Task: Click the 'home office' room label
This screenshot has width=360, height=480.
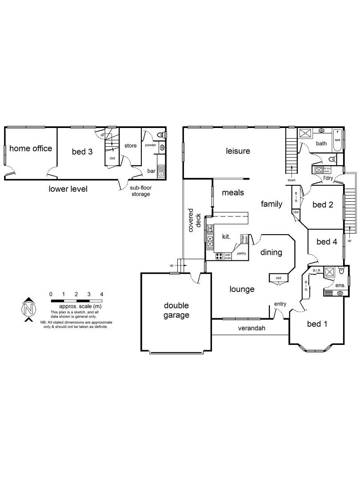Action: [x=31, y=148]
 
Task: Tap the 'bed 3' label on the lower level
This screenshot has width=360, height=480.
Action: [x=82, y=152]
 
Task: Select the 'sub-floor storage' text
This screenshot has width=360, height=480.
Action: [x=140, y=191]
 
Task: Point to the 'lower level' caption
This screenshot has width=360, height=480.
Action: [x=68, y=189]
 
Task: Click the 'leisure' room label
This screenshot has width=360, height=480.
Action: [x=238, y=151]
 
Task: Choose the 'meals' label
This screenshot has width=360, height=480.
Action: [x=233, y=192]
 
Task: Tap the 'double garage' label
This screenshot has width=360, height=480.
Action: [x=176, y=310]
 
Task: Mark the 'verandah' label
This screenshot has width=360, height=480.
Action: [x=252, y=328]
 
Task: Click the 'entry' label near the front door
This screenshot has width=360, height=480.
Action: [x=280, y=304]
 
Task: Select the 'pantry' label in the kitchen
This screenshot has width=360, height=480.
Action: [x=241, y=253]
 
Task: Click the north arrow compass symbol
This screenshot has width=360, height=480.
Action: [x=28, y=308]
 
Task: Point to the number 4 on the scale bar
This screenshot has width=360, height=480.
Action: [x=102, y=294]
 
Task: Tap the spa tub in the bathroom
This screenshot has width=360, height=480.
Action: [x=337, y=140]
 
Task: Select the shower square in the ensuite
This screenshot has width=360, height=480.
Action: [x=330, y=272]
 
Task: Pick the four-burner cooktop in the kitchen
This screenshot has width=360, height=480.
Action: [x=219, y=256]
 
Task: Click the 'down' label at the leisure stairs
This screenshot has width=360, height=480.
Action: [x=292, y=180]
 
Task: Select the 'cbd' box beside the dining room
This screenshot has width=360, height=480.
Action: [x=279, y=278]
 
